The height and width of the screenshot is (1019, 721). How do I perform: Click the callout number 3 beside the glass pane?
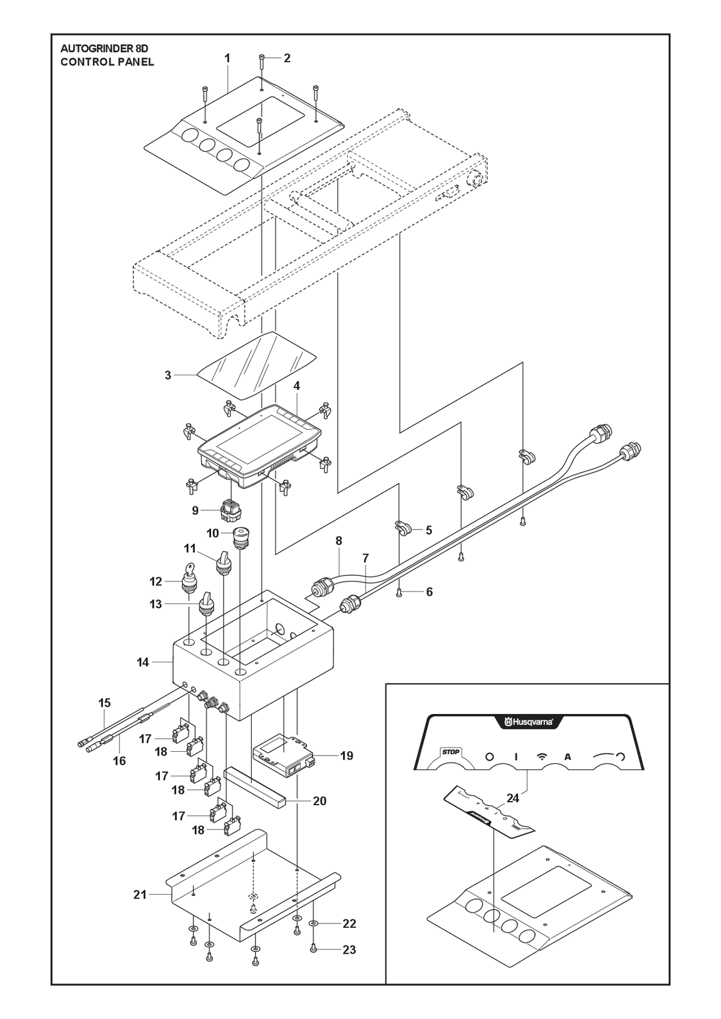[168, 375]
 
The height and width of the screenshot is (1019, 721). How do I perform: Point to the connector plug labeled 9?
[231, 510]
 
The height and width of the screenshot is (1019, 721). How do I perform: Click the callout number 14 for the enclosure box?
[143, 662]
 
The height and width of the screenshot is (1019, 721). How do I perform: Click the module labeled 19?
[282, 755]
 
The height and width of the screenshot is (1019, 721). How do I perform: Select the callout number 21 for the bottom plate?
[140, 894]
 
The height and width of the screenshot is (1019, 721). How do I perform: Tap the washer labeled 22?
[314, 924]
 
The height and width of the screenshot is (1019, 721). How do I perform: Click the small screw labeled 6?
[399, 592]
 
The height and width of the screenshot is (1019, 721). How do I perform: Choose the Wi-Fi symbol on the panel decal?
[542, 757]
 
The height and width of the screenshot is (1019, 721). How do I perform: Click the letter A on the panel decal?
[568, 757]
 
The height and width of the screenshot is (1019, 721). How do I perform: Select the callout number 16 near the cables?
[119, 761]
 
